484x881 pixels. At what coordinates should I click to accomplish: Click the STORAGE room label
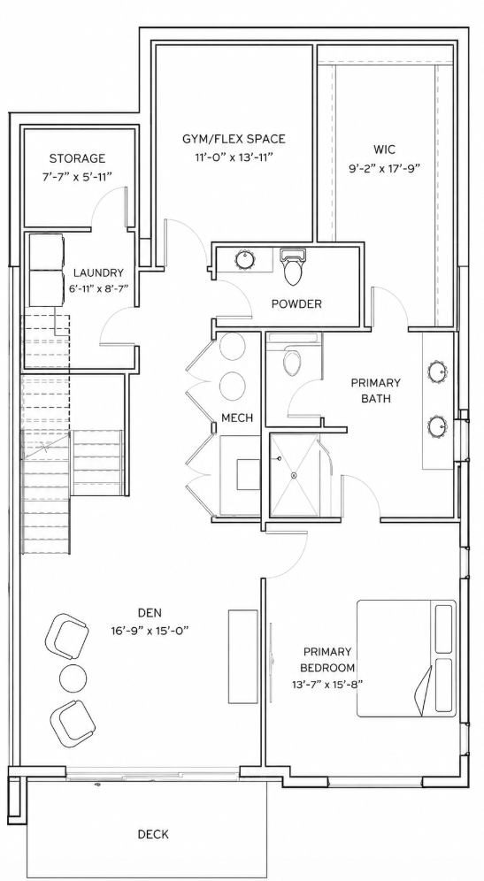click(77, 158)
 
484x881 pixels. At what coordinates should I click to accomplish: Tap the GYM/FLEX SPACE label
click(234, 138)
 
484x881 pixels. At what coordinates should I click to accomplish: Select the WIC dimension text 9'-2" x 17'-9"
click(385, 167)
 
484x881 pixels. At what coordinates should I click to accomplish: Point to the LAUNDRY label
click(98, 273)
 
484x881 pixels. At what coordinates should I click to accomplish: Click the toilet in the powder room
click(294, 267)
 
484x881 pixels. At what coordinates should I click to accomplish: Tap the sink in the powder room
click(245, 259)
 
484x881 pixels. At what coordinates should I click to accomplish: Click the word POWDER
click(296, 304)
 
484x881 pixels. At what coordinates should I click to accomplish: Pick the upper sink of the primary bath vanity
click(439, 372)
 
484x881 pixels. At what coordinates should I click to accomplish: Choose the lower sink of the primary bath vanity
click(439, 426)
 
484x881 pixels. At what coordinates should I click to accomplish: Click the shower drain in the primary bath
click(294, 475)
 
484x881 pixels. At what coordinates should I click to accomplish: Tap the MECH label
click(236, 418)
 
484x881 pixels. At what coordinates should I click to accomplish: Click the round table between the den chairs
click(73, 678)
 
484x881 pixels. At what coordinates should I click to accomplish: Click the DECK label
click(153, 834)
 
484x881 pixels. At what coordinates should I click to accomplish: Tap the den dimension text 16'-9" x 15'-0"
click(150, 631)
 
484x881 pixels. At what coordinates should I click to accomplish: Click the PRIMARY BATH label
click(376, 391)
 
